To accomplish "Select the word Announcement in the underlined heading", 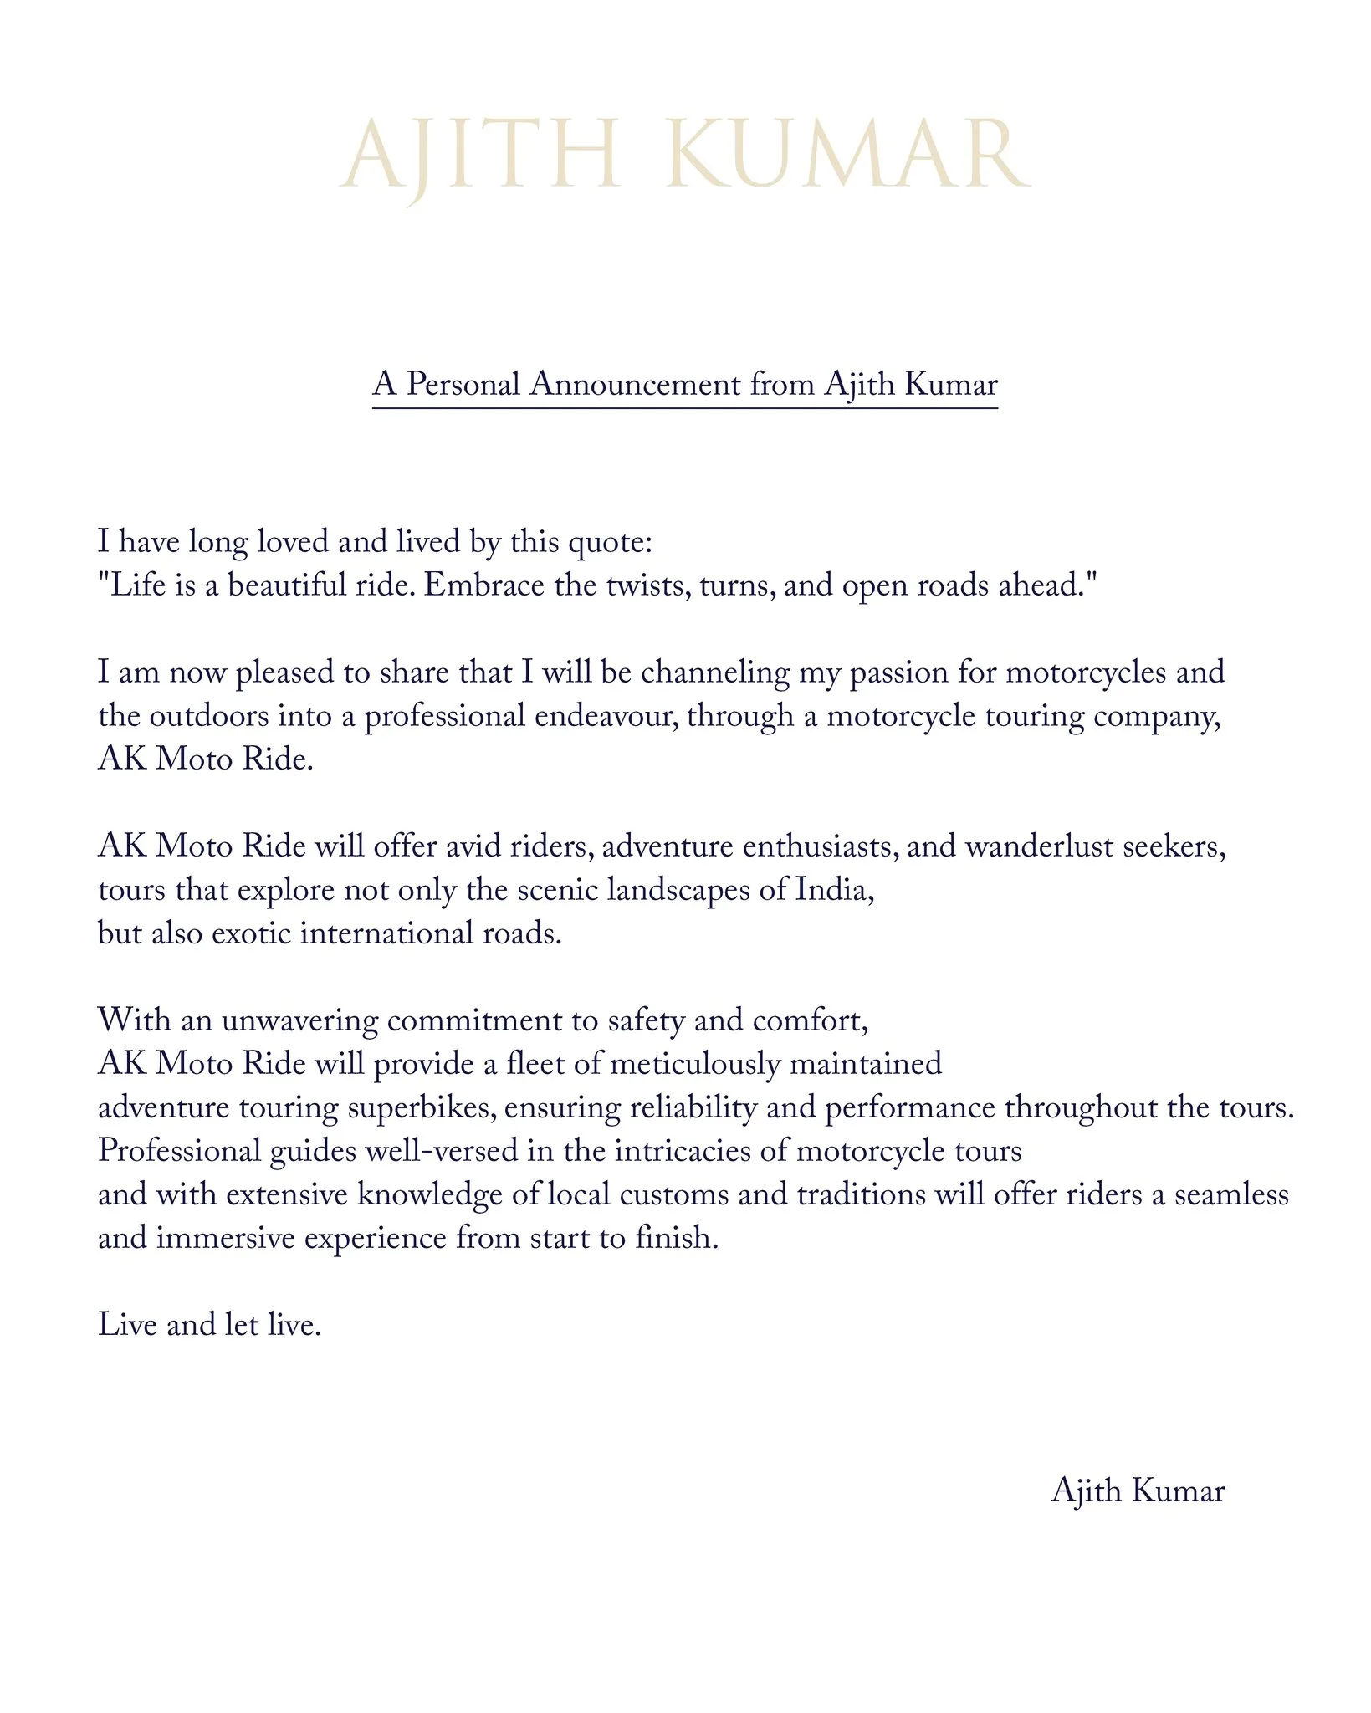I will coord(636,385).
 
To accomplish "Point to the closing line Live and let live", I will coord(209,1325).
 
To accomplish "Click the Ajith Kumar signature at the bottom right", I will coord(1138,1491).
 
